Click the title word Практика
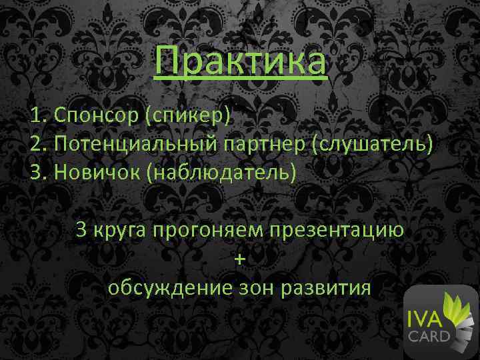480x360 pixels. pos(240,61)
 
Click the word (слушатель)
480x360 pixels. pos(369,143)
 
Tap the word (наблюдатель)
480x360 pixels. pos(223,172)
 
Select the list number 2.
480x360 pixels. pos(37,143)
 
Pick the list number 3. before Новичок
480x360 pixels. pos(37,172)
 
